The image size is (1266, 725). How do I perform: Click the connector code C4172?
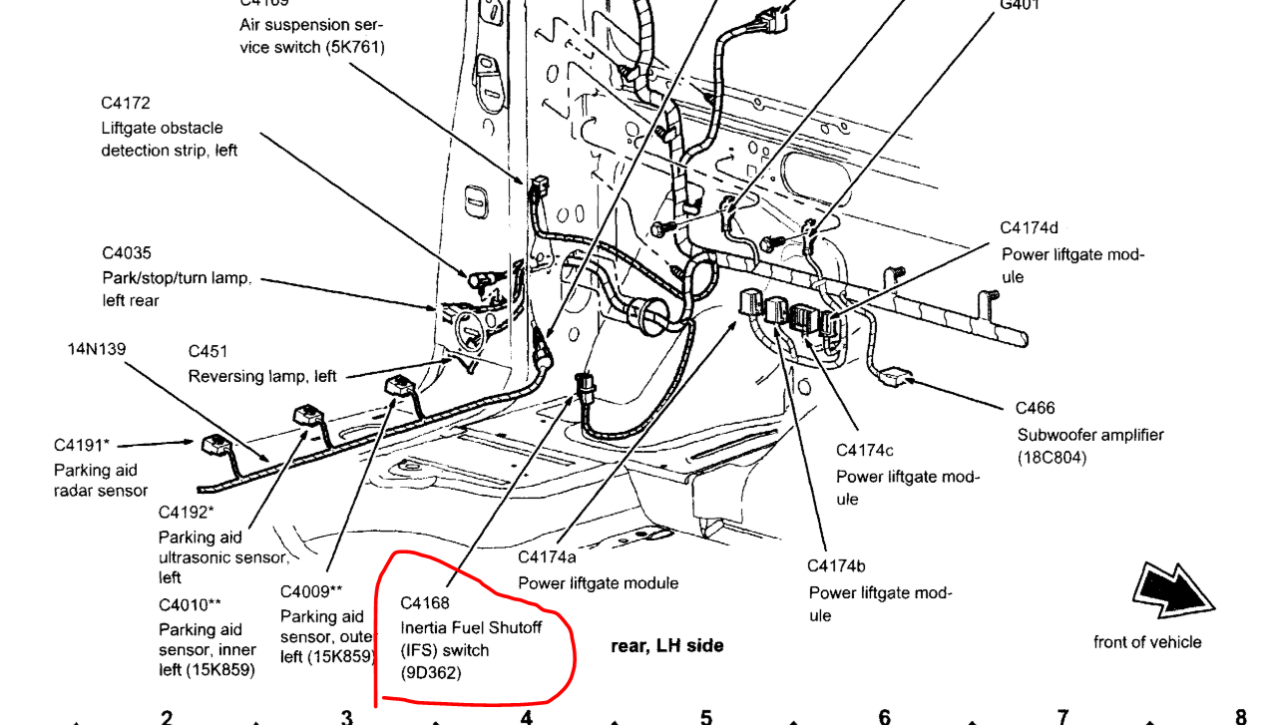click(x=125, y=103)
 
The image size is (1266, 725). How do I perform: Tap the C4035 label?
click(x=127, y=253)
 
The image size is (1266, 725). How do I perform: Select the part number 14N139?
click(x=97, y=349)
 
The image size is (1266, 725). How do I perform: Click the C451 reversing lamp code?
click(x=208, y=351)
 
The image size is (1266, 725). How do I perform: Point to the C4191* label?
click(x=83, y=445)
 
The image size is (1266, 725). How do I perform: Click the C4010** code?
click(x=190, y=605)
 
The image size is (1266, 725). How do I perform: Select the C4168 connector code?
click(x=425, y=603)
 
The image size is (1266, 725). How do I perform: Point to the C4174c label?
click(x=865, y=451)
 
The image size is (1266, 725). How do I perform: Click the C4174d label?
click(x=1031, y=228)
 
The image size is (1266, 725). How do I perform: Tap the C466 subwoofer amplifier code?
click(x=1035, y=408)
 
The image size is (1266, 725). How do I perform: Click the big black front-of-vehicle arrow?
click(x=1173, y=595)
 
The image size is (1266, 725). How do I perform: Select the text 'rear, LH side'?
click(x=666, y=646)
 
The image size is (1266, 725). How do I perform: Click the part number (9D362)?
click(x=431, y=673)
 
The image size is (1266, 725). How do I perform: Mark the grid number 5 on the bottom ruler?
click(x=705, y=716)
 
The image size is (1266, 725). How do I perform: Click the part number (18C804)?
click(x=1052, y=458)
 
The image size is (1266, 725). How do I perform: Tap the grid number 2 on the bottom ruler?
click(x=167, y=716)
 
